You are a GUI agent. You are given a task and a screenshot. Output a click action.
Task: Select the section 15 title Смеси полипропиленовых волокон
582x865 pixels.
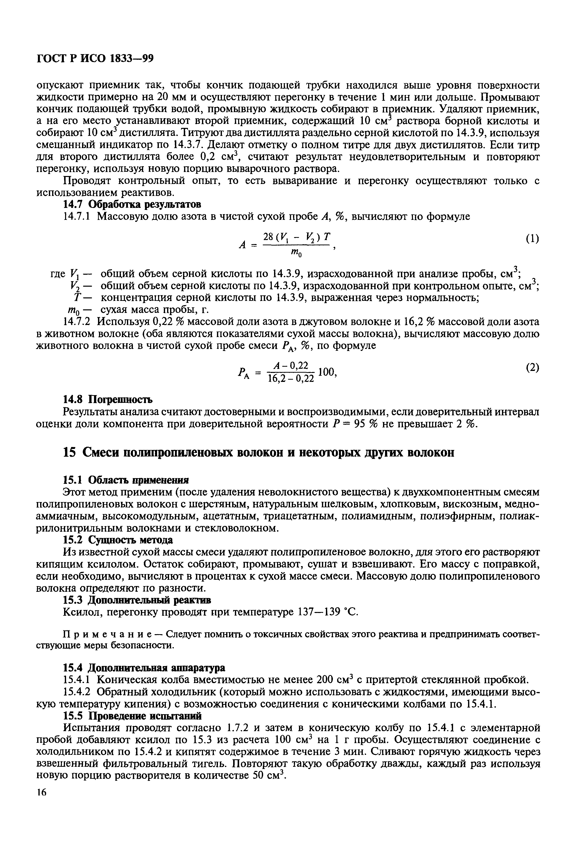(x=259, y=453)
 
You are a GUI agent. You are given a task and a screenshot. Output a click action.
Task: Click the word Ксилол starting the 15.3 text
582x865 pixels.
(x=79, y=612)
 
